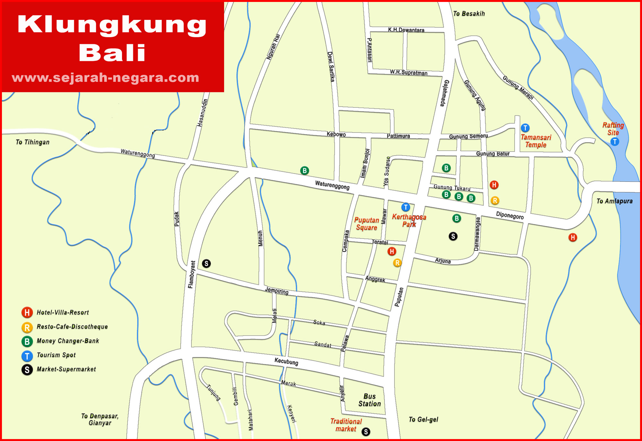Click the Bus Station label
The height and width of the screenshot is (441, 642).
coord(369,400)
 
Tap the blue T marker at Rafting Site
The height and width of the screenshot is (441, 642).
coord(614,142)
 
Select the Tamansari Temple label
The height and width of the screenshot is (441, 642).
coord(535,141)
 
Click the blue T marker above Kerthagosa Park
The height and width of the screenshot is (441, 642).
coord(406,207)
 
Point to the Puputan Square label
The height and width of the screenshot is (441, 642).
coord(367,224)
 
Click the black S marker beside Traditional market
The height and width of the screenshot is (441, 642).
coord(366,432)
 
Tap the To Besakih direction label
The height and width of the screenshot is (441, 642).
coord(469,14)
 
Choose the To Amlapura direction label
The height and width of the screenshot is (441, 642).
coord(614,201)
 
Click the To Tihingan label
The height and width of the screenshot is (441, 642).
coord(32,142)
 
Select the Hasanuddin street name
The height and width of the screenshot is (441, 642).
coord(202,113)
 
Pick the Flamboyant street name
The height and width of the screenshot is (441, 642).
coord(191,274)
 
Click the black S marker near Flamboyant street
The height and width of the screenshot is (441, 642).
coord(206,263)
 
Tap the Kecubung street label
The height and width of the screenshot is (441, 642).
coord(286,362)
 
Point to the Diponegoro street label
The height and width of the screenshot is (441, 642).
coord(510,215)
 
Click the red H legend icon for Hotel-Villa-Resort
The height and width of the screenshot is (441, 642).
coord(27,312)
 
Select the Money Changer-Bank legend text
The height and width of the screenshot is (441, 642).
coord(68,341)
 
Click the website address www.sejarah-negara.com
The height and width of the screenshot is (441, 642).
coord(105,78)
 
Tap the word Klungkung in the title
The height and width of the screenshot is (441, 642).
coord(112,25)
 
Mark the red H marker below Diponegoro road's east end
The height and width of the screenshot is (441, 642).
coord(573,237)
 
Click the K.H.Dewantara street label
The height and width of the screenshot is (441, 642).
coord(406,30)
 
